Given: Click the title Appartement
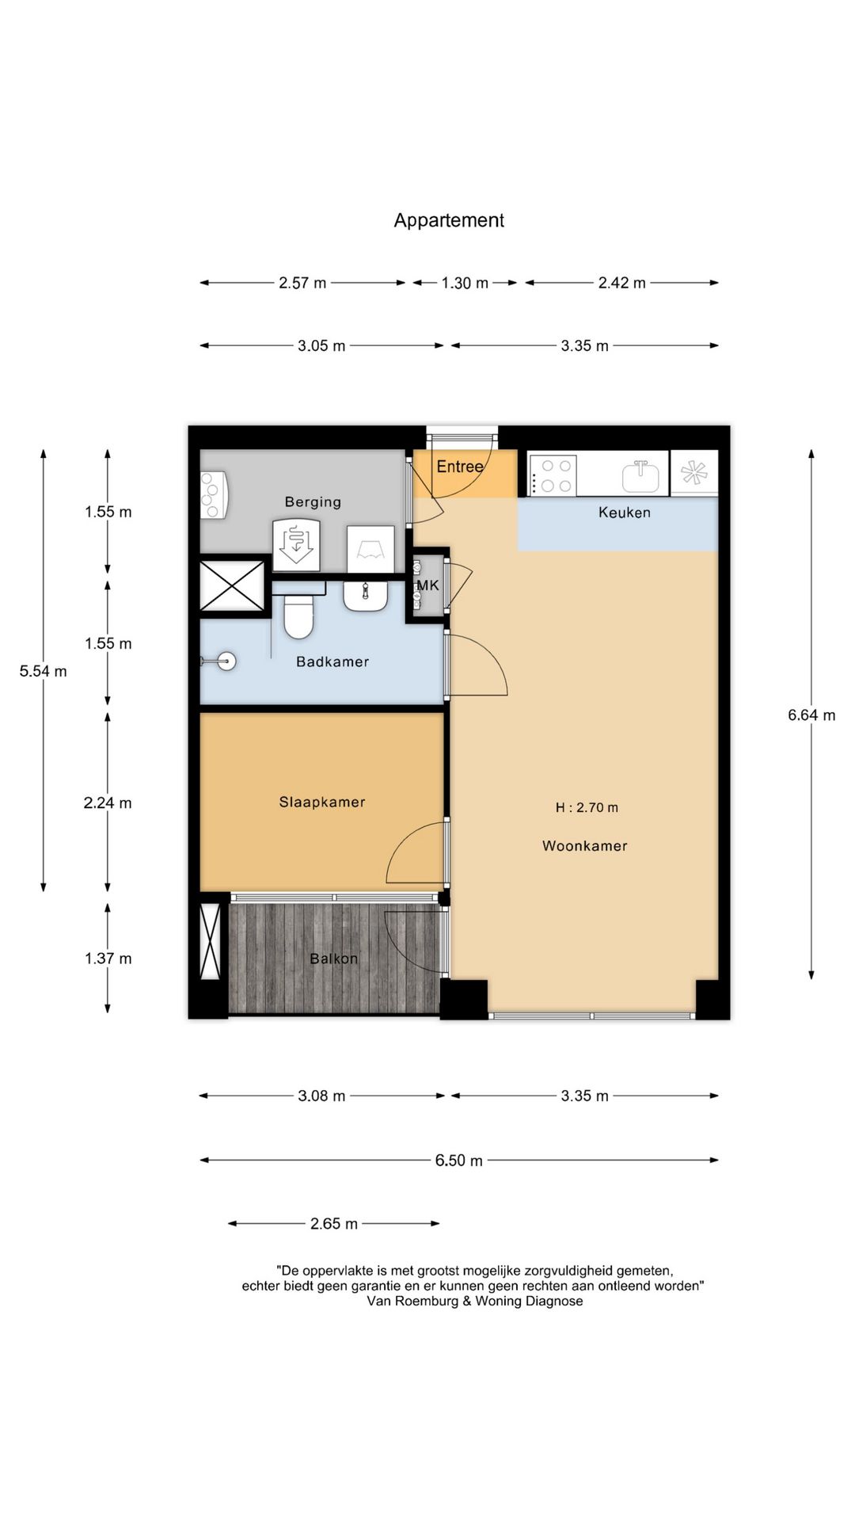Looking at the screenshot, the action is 449,220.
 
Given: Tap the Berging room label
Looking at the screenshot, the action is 313,501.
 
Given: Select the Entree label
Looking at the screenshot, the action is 460,467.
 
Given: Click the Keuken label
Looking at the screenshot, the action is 625,513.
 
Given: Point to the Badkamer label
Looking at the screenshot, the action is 332,661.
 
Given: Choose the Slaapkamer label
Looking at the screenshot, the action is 322,802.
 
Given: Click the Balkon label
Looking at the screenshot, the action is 333,959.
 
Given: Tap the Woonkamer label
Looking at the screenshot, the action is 585,845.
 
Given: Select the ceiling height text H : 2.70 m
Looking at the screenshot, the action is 587,807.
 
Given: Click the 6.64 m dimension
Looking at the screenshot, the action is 811,715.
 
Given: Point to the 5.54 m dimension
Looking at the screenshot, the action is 44,671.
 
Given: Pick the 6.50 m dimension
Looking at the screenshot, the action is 458,1161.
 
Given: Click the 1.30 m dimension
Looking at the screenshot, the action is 465,283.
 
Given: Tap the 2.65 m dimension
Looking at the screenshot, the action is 334,1223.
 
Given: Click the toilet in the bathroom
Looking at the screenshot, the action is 299,616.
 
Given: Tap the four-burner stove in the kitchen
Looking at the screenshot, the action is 552,475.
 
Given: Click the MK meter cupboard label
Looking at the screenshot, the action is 427,585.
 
